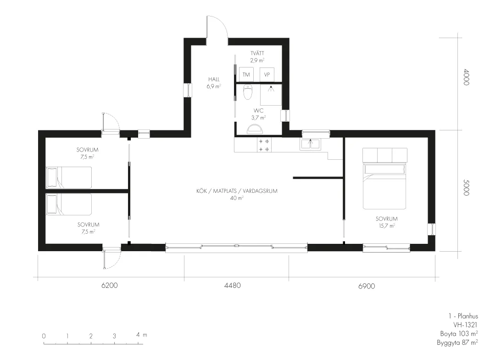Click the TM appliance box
(246, 74)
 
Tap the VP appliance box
(267, 74)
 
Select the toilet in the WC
(248, 92)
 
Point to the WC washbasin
(255, 129)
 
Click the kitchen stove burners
(264, 145)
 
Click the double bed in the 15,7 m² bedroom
(384, 179)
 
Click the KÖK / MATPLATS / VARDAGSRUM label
(237, 191)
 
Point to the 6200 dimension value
(110, 285)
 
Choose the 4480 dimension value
(233, 285)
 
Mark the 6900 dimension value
(367, 286)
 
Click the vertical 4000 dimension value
(466, 77)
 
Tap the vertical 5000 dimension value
(466, 187)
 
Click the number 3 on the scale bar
(114, 336)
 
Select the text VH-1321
(465, 325)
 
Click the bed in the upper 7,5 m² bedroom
(69, 177)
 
